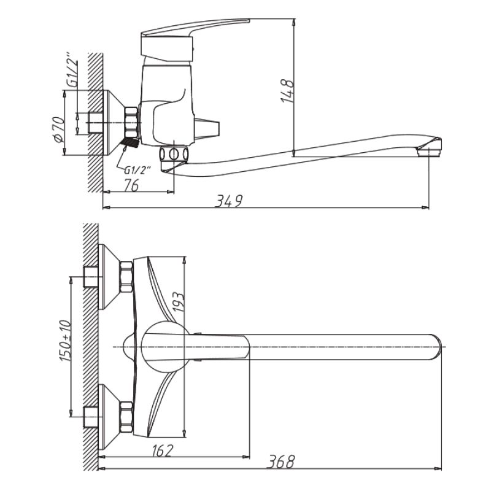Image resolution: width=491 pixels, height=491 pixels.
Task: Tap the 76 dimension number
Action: tap(130, 186)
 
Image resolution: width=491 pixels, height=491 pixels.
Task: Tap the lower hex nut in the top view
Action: tap(126, 415)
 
